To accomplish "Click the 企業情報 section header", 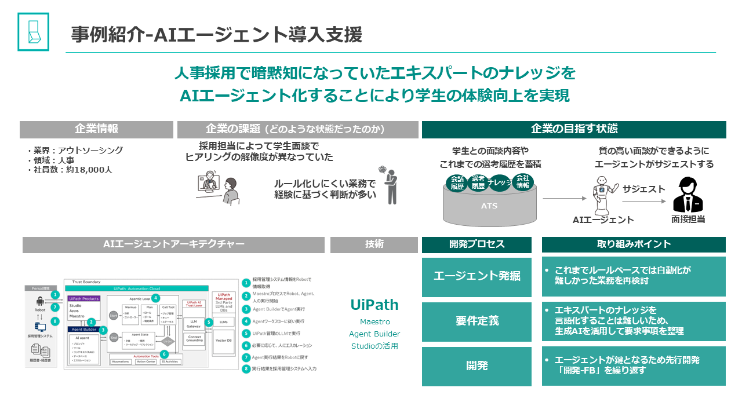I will click(x=96, y=129).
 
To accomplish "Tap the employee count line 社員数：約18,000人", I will click(x=70, y=170).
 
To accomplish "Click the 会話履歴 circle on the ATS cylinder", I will click(x=457, y=183).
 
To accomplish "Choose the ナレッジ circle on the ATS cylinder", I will click(x=500, y=183).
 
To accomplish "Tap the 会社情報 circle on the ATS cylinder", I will click(x=523, y=182).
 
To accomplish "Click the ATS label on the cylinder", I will click(x=489, y=206).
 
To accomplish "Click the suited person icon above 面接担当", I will click(x=688, y=196).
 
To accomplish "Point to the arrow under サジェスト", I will click(x=644, y=202).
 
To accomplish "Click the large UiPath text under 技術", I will click(x=374, y=305).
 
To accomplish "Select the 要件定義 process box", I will click(x=477, y=321).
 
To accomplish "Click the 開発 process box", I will click(x=477, y=366).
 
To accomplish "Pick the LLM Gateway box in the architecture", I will click(x=193, y=324).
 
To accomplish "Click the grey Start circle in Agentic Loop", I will click(x=113, y=315).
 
